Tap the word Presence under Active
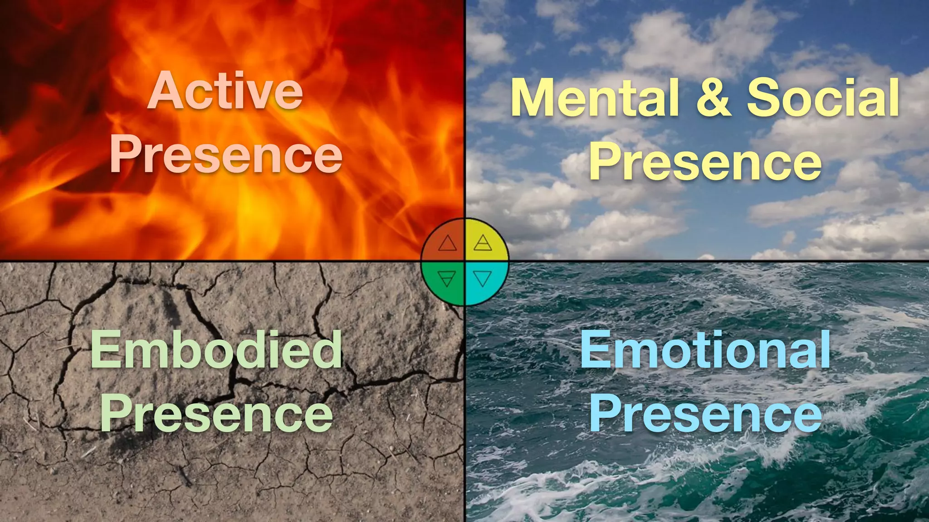(226, 155)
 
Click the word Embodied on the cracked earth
(216, 350)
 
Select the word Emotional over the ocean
(705, 350)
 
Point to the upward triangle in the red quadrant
(447, 244)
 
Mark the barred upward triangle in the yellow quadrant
(483, 243)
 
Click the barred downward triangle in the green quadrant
(447, 278)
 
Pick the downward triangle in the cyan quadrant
(483, 278)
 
